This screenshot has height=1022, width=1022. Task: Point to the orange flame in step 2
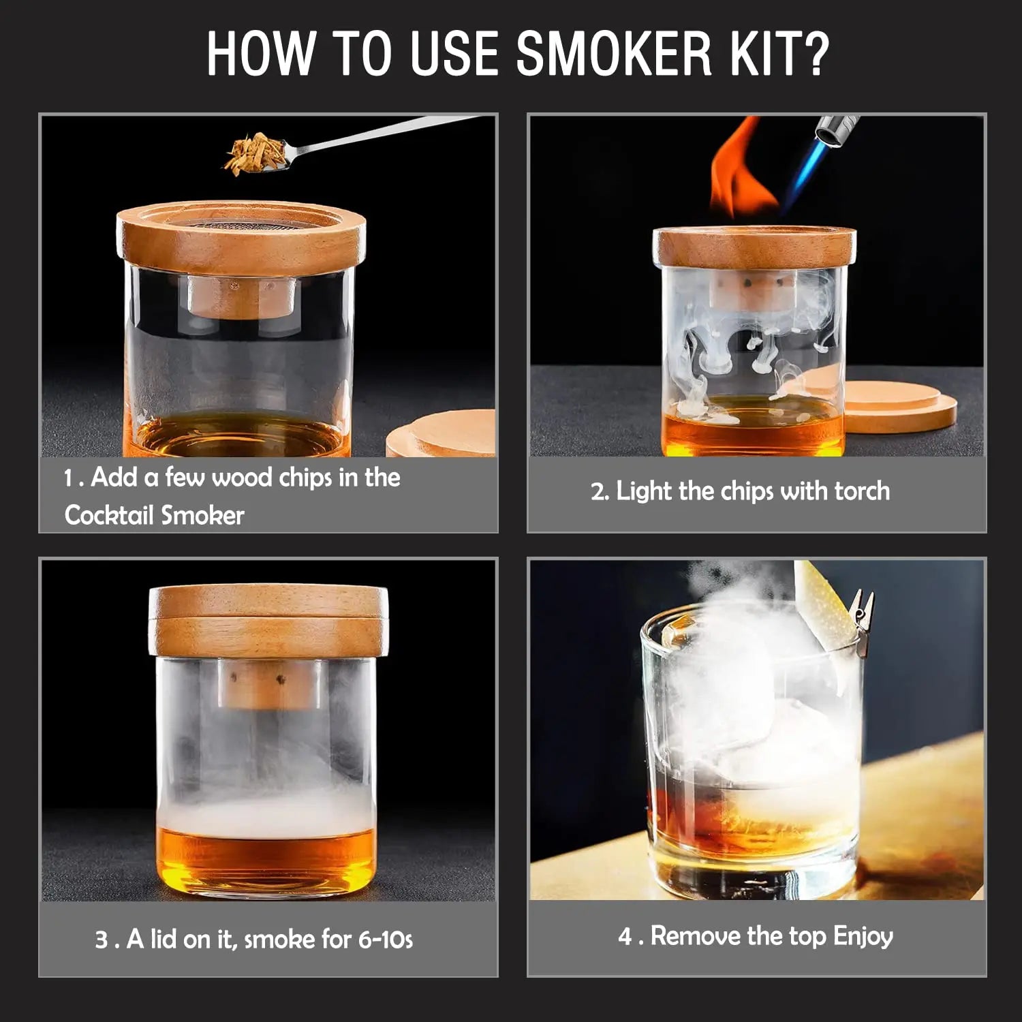pos(739,170)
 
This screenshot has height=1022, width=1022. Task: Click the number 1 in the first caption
pos(69,478)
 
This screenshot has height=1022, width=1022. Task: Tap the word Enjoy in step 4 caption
pos(863,936)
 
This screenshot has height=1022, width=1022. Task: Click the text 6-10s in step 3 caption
pos(385,940)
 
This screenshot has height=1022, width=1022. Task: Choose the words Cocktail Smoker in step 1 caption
pos(154,515)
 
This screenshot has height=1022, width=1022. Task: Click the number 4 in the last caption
pos(625,936)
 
